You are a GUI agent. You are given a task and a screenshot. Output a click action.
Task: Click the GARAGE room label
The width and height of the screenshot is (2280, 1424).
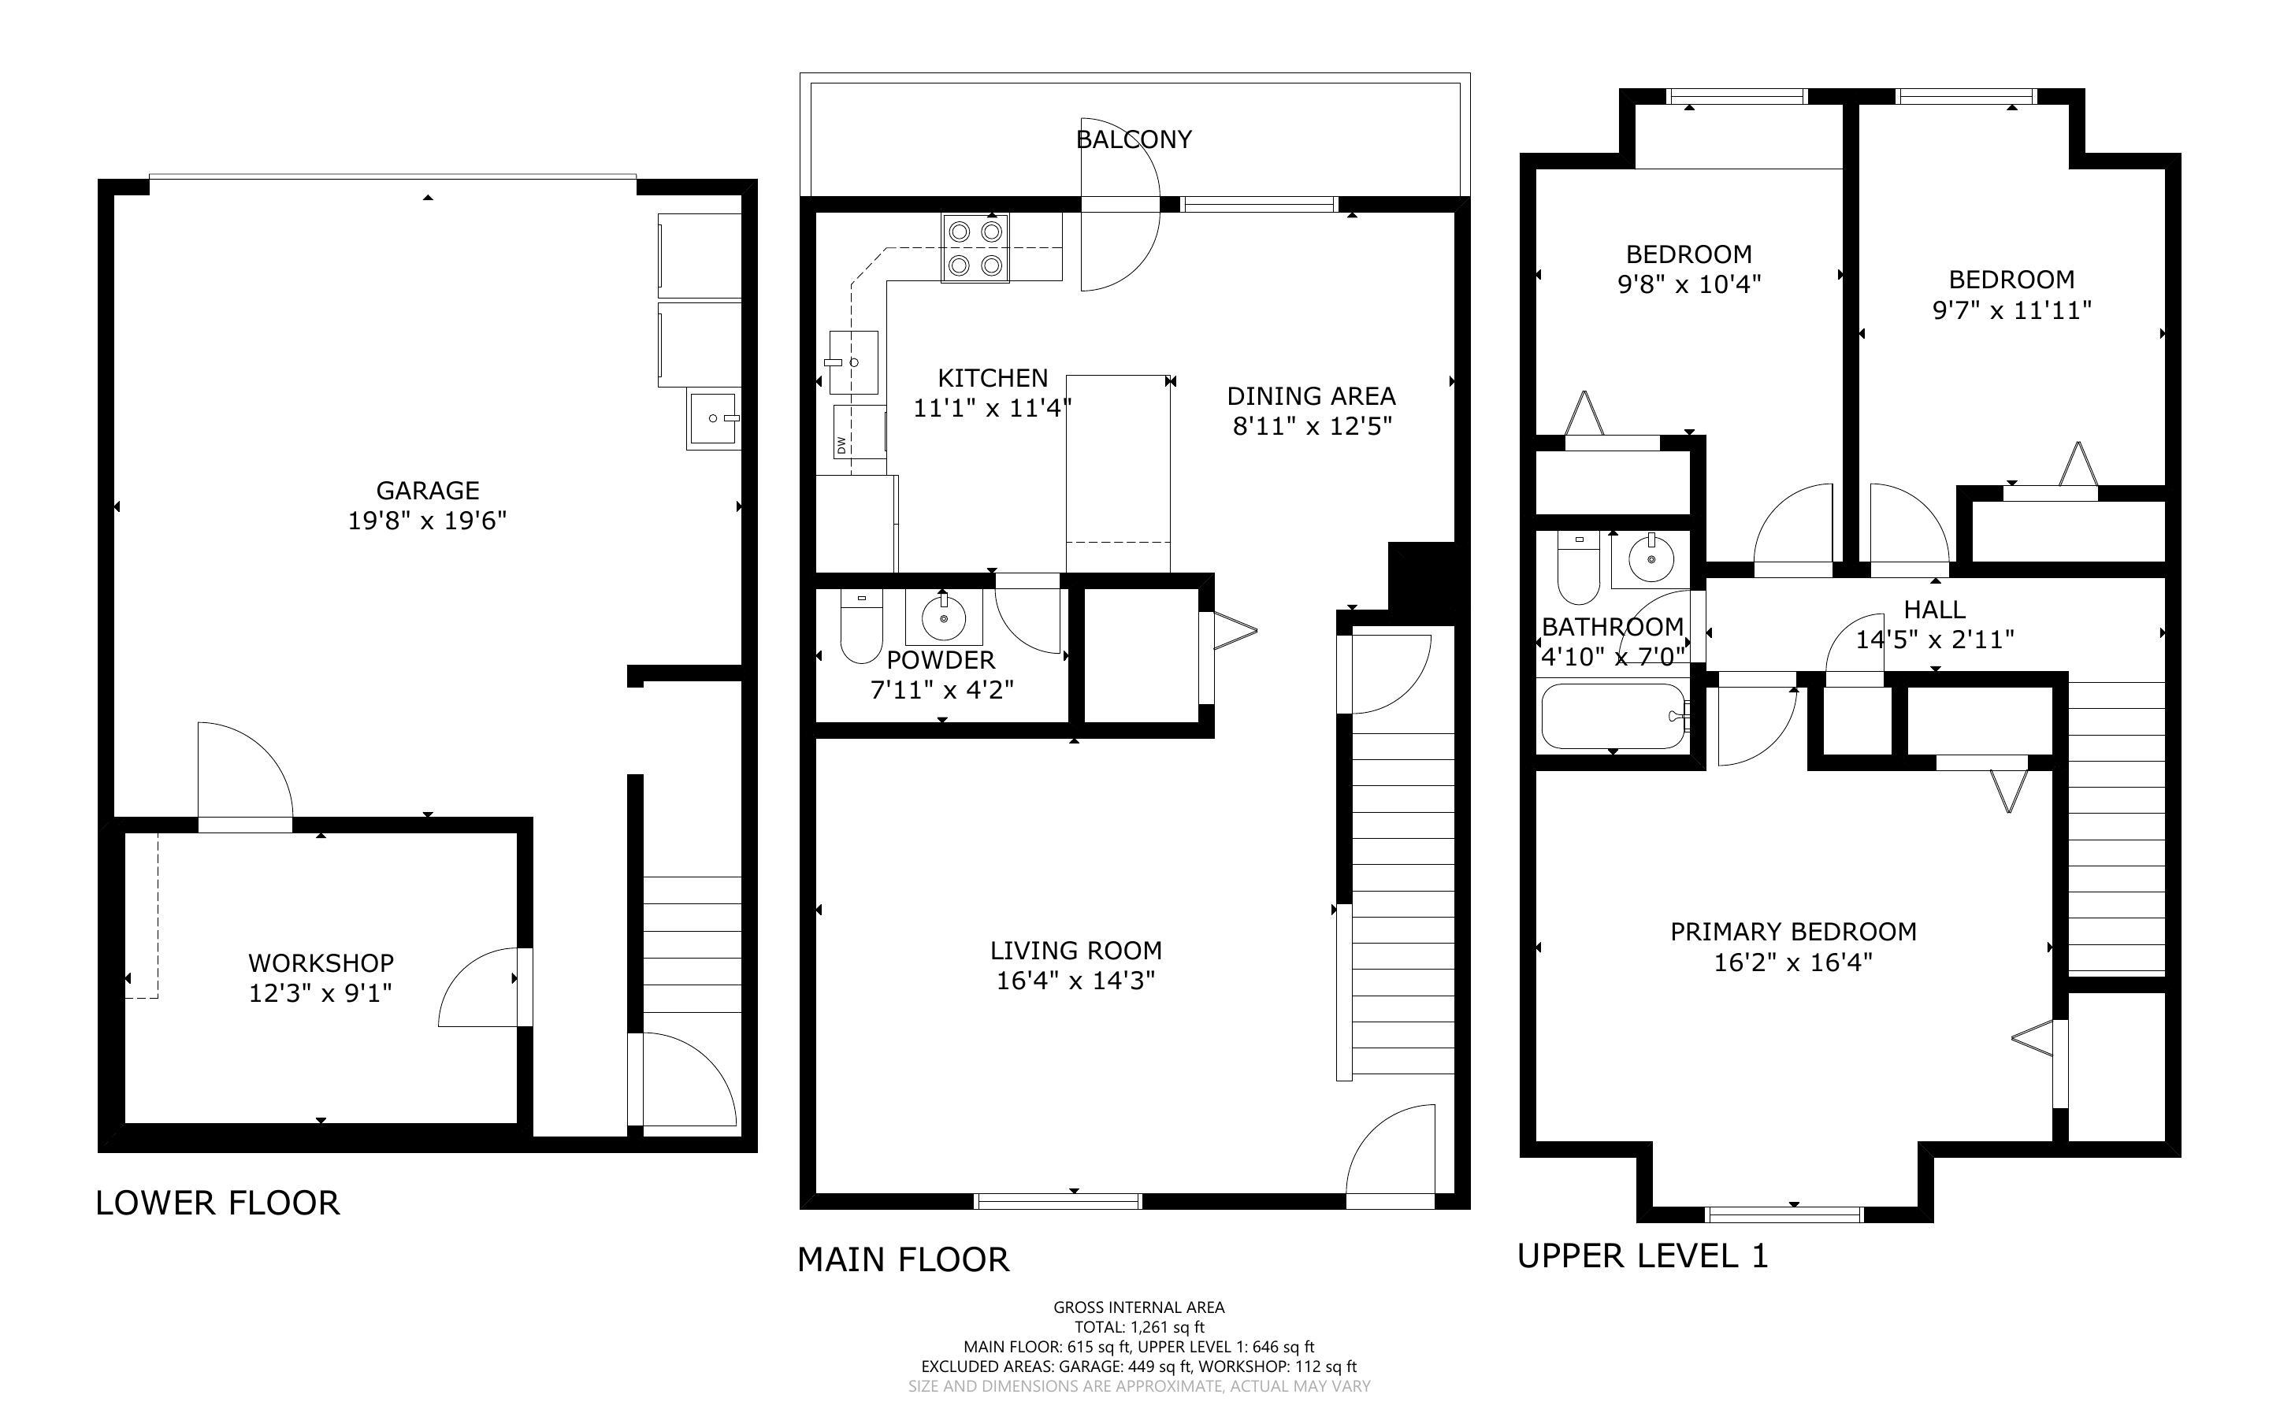point(428,490)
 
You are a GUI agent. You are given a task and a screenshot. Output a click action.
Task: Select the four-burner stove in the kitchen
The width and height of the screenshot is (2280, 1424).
point(975,247)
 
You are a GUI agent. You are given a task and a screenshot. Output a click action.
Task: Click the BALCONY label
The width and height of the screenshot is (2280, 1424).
point(1134,139)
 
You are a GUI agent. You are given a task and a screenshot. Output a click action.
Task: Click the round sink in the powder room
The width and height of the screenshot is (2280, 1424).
point(944,617)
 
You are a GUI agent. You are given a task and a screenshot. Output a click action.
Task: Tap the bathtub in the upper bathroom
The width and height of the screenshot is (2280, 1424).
point(1612,716)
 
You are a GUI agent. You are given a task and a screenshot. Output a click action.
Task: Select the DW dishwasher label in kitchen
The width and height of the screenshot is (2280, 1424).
point(841,444)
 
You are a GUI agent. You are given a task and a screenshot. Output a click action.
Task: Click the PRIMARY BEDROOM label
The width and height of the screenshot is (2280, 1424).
point(1793,932)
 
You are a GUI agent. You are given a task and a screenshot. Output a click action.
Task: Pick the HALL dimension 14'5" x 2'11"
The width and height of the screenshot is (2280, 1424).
point(1934,640)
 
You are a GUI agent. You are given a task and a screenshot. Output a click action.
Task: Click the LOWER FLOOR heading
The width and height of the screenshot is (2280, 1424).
point(217,1203)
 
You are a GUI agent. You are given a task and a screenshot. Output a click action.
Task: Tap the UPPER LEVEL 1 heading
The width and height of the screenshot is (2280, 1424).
point(1643,1255)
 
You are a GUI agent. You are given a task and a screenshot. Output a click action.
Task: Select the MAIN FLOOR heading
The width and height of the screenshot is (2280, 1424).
point(903,1259)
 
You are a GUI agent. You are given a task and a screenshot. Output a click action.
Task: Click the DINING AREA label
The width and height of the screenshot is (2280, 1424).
point(1311,395)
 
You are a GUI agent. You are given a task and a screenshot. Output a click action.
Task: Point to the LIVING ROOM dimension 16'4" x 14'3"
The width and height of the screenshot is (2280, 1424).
point(1075,981)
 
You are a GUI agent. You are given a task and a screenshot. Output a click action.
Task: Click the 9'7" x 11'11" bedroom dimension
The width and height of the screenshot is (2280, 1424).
point(2011,310)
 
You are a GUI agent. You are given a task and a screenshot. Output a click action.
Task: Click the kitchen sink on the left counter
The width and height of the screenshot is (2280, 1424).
point(853,362)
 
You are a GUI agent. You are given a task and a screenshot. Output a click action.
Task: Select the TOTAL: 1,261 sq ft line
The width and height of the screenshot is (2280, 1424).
point(1138,1327)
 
